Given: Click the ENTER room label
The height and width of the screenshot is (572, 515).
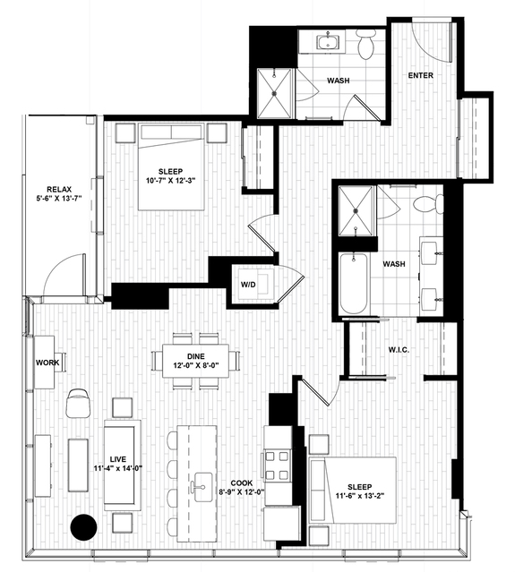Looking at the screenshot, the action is [420, 75].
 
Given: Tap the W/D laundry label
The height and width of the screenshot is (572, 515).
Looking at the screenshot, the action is [248, 285].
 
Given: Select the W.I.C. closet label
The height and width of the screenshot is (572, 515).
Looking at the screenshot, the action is [399, 349].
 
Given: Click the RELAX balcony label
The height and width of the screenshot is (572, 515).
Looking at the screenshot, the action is [59, 190].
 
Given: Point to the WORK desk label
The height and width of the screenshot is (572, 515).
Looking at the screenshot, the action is [47, 363].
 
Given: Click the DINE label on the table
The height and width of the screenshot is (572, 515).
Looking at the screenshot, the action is [195, 356].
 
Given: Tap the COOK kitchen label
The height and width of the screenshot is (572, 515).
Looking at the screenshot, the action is [241, 483].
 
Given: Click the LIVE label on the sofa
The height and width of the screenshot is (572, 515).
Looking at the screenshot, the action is [118, 459].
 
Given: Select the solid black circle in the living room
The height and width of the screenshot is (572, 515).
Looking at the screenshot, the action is [83, 526].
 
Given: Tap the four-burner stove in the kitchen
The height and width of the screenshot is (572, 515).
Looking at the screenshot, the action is [277, 465].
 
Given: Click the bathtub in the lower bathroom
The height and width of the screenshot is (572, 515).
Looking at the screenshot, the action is [353, 284].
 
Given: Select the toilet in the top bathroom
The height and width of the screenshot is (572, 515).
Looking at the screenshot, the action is [366, 44].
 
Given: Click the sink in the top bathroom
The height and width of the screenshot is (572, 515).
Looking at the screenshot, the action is [328, 41].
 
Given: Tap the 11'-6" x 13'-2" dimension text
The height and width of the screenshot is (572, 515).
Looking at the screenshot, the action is [360, 495].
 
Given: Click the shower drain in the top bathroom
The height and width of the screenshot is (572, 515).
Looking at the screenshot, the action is [274, 93].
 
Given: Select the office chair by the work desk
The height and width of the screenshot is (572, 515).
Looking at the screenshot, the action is [78, 403].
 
